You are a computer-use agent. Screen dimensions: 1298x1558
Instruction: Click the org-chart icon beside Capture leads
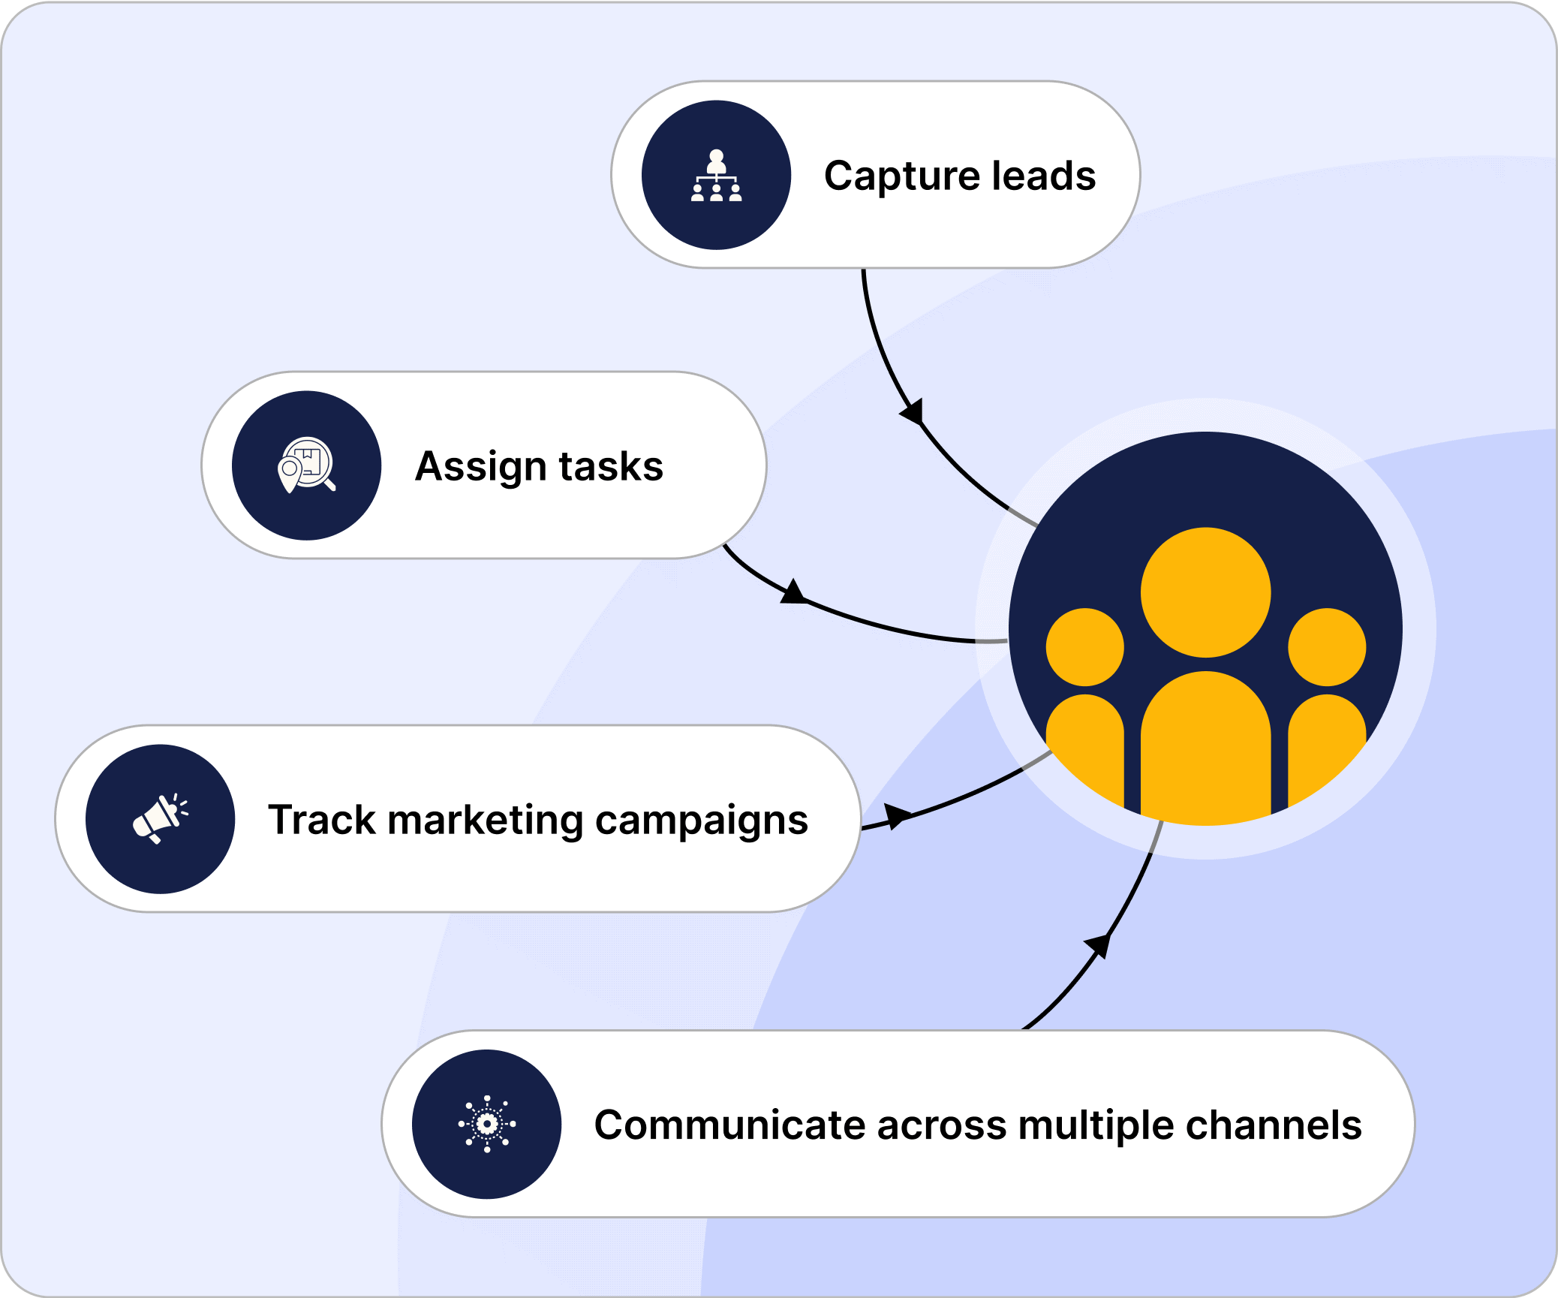[716, 176]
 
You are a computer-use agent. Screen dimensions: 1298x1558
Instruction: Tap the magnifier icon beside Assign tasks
[306, 465]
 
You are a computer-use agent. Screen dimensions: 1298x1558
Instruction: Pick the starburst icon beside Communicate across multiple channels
[487, 1124]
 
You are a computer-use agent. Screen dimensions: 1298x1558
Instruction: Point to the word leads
[1044, 176]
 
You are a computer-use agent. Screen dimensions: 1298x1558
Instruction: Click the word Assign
[480, 467]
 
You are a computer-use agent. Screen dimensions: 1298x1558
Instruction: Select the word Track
[321, 819]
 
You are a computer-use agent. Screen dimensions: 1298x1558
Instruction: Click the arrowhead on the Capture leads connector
[913, 412]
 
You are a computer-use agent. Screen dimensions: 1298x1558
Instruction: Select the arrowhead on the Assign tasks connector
[793, 592]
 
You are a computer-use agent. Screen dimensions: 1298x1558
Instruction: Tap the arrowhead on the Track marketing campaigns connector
[896, 816]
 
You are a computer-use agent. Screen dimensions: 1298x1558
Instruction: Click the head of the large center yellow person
[1205, 592]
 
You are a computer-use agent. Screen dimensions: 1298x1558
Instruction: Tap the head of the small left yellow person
[1084, 647]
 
